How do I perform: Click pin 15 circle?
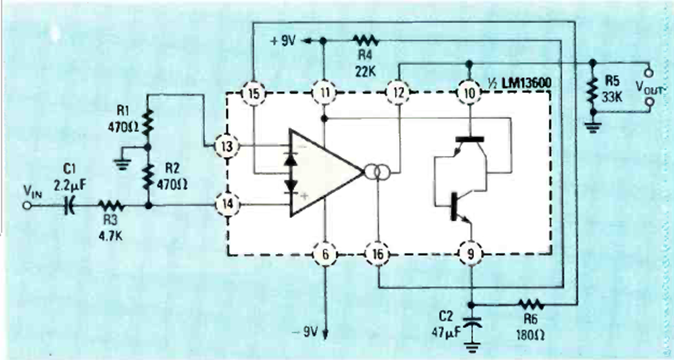pyautogui.click(x=253, y=92)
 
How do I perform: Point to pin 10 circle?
pyautogui.click(x=469, y=92)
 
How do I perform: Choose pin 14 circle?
pyautogui.click(x=226, y=204)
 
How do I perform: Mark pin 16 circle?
pyautogui.click(x=378, y=254)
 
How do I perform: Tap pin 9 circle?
pyautogui.click(x=471, y=254)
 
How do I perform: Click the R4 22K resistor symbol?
pyautogui.click(x=365, y=41)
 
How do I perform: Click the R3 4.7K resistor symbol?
pyautogui.click(x=111, y=206)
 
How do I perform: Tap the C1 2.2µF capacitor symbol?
pyautogui.click(x=69, y=206)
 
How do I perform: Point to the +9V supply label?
pyautogui.click(x=284, y=41)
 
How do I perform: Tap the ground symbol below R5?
pyautogui.click(x=591, y=126)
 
